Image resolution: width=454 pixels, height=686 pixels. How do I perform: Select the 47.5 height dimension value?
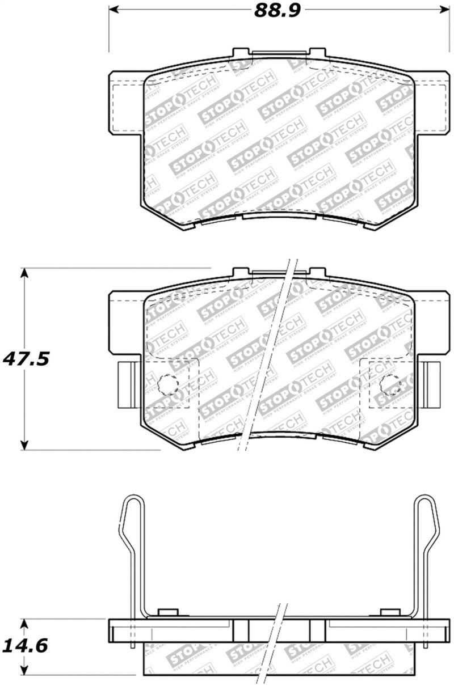[x=27, y=359]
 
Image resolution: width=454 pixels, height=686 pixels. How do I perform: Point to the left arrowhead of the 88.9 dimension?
[x=113, y=10]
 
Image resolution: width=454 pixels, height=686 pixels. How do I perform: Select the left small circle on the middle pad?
[x=167, y=385]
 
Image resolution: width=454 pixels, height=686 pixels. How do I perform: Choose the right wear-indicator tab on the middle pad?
[x=432, y=384]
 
